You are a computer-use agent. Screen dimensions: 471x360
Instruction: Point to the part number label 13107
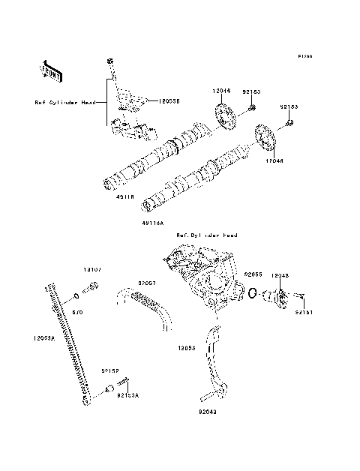pos(91,268)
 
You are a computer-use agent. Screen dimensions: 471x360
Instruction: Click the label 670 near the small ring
pos(77,310)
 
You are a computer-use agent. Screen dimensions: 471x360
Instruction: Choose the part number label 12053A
pos(44,337)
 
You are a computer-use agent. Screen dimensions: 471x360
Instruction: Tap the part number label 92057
pos(146,283)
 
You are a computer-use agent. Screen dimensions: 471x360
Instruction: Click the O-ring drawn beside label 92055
pos(255,293)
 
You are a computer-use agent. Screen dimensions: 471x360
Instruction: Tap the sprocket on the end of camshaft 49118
pos(223,117)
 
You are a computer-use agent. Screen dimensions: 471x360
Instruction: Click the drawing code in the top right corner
pos(304,56)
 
